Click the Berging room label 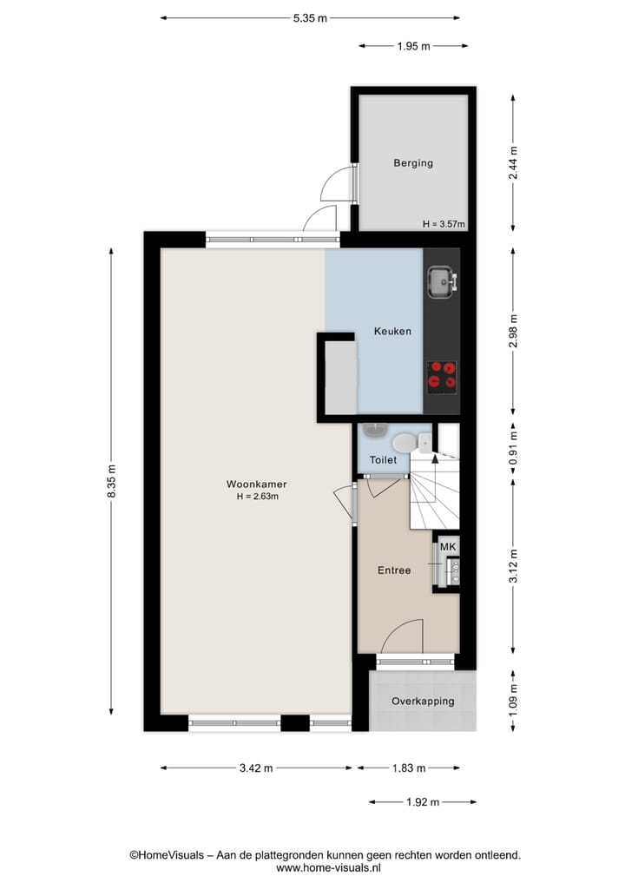[412, 162]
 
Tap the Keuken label [392, 331]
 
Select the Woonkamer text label [256, 484]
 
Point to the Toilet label [383, 460]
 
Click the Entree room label [393, 570]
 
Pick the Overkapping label [422, 701]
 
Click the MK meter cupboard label [448, 546]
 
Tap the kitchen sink [440, 280]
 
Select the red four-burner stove [442, 374]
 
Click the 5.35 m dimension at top [310, 17]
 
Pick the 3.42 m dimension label [256, 768]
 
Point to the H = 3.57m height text [444, 224]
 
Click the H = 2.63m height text [256, 497]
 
